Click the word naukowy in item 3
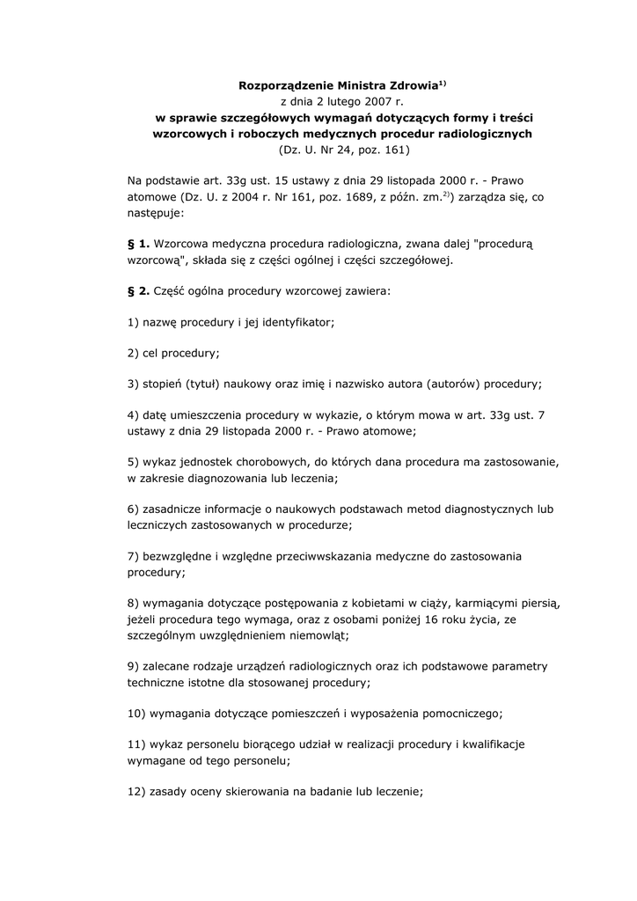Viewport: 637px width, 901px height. pos(255,385)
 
